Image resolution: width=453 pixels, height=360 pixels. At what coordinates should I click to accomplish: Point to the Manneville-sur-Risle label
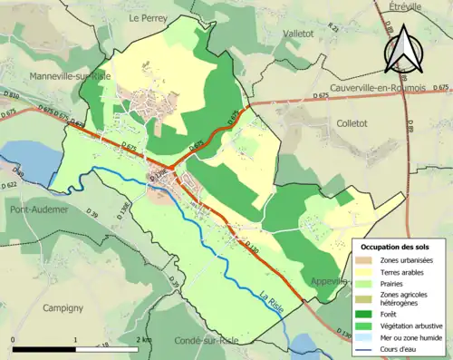[x=70, y=77]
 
